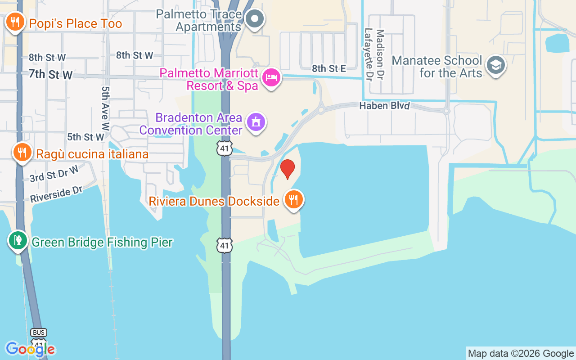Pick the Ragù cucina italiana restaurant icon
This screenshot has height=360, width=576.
tap(21, 152)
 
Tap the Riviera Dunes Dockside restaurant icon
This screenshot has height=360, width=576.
tap(294, 199)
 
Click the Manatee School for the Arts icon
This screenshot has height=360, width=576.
tap(496, 65)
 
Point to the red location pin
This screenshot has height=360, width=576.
tap(288, 168)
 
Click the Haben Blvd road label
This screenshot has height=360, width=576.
tap(384, 106)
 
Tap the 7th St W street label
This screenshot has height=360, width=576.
tap(50, 74)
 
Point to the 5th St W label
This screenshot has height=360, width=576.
tap(85, 136)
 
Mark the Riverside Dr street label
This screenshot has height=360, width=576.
tap(56, 194)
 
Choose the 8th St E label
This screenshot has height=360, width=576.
tap(329, 68)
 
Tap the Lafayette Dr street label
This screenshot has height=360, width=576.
tap(369, 54)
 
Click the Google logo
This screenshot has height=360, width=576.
tap(30, 349)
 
